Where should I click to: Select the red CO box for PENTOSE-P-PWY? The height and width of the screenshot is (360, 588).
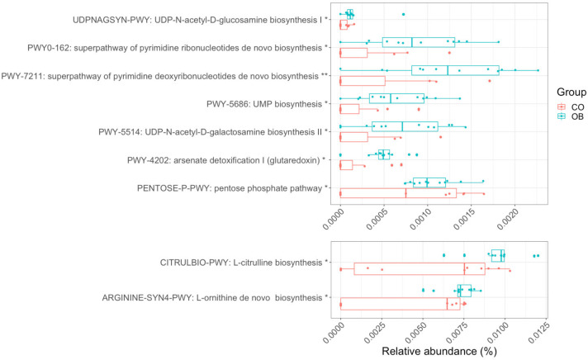tap(398, 193)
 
